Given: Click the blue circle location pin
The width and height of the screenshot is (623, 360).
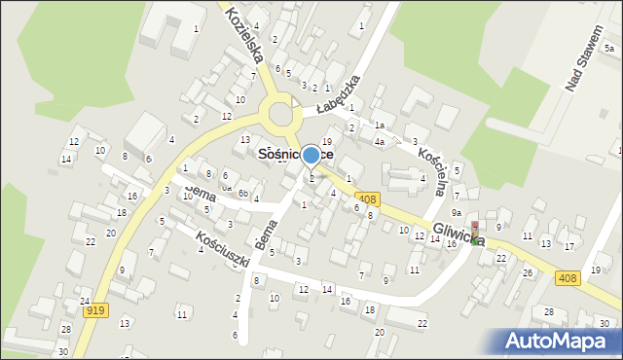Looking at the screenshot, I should (x=311, y=155).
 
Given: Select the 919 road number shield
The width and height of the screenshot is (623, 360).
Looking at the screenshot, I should (x=95, y=310).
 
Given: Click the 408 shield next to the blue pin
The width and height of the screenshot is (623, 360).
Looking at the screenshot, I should (x=367, y=198).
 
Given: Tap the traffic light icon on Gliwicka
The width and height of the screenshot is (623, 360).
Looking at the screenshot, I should (x=475, y=230).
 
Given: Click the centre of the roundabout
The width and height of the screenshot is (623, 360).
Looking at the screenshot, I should (x=282, y=114).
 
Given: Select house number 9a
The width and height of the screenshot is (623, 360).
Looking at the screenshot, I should (x=456, y=212).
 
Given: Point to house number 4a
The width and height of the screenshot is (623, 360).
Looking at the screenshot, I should (x=380, y=142).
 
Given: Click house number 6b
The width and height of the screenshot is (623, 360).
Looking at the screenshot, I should (x=242, y=194).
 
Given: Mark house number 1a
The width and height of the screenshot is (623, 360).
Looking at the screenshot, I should (x=380, y=126).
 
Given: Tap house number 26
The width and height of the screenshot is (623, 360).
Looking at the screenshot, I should (x=528, y=272).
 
